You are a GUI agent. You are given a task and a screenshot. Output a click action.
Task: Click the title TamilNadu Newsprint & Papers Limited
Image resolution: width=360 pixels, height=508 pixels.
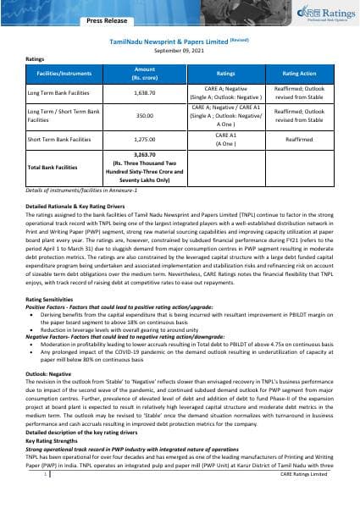(x=167, y=39)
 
